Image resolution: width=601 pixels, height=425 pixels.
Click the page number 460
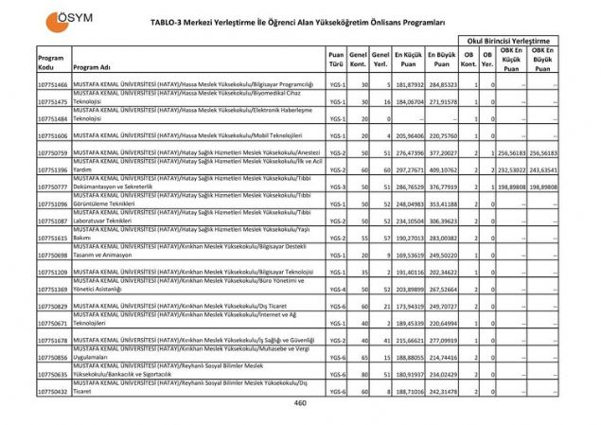click(x=300, y=403)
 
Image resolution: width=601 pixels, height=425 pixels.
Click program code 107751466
click(x=53, y=85)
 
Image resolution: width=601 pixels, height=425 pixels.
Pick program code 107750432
click(x=53, y=390)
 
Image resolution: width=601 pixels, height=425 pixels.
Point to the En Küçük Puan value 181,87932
click(x=409, y=85)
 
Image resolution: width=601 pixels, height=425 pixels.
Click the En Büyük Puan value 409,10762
click(x=442, y=170)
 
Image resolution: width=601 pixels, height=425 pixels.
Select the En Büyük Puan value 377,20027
click(x=442, y=153)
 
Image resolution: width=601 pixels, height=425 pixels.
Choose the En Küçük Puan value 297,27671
click(x=409, y=170)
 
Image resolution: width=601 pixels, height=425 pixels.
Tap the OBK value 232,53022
click(x=511, y=170)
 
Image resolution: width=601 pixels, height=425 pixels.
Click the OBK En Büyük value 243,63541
click(x=543, y=170)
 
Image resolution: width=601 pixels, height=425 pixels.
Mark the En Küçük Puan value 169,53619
click(x=409, y=256)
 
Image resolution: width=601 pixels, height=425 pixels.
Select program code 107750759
click(x=53, y=153)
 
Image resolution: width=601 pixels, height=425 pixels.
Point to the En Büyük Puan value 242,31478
click(x=442, y=390)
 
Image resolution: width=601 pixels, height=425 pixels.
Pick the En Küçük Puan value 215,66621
click(x=409, y=340)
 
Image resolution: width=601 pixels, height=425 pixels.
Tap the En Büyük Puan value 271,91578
click(x=442, y=102)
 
